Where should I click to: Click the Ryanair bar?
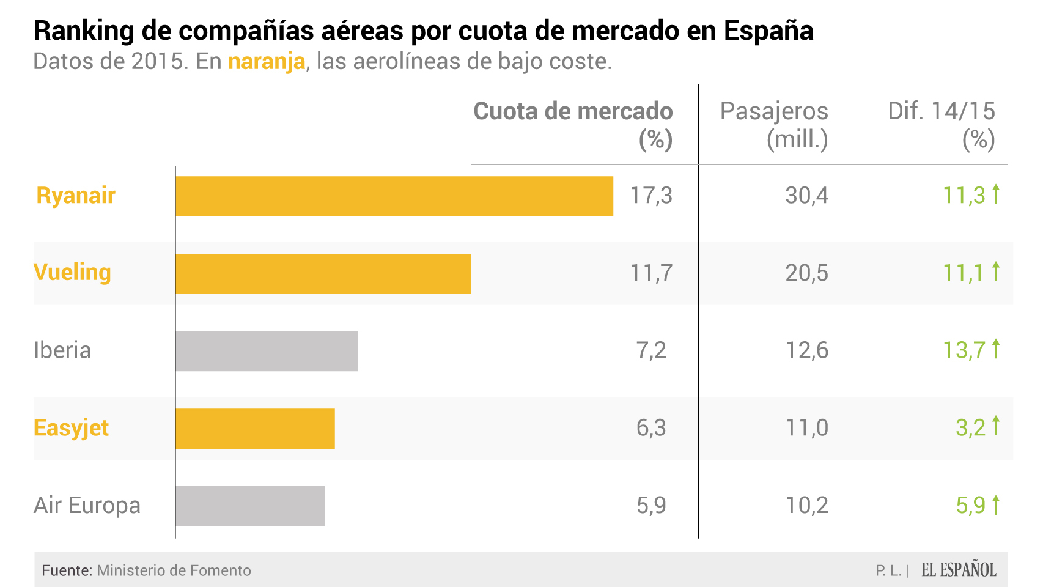[394, 196]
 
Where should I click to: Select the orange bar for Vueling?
[323, 274]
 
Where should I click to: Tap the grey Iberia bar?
[267, 351]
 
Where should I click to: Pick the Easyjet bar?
[255, 429]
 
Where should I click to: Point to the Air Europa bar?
[250, 506]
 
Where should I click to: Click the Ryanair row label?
[76, 196]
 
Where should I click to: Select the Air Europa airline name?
[87, 506]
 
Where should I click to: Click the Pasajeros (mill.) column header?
[774, 125]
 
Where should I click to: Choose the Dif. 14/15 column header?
[942, 125]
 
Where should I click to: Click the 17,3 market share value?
[651, 196]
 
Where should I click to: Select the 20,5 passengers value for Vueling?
[806, 273]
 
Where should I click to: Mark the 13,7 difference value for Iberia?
[964, 350]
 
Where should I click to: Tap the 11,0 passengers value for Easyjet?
[806, 428]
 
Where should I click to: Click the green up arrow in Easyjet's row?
[996, 426]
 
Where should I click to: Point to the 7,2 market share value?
[651, 350]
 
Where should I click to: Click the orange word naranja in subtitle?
[267, 62]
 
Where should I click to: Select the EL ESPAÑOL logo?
[959, 570]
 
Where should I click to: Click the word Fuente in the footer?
[66, 570]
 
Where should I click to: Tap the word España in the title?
[768, 31]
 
